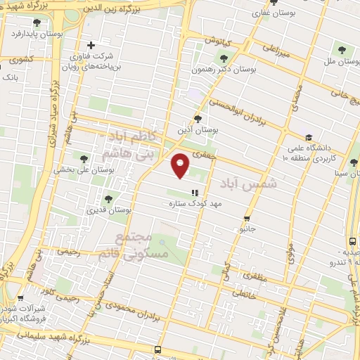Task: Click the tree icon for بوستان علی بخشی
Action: [84, 159]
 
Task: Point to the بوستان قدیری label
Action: [106, 210]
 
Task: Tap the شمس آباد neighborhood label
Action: [248, 183]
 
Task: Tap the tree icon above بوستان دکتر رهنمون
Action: [224, 58]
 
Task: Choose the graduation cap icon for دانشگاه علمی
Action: [308, 137]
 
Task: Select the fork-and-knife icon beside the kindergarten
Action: [195, 192]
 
